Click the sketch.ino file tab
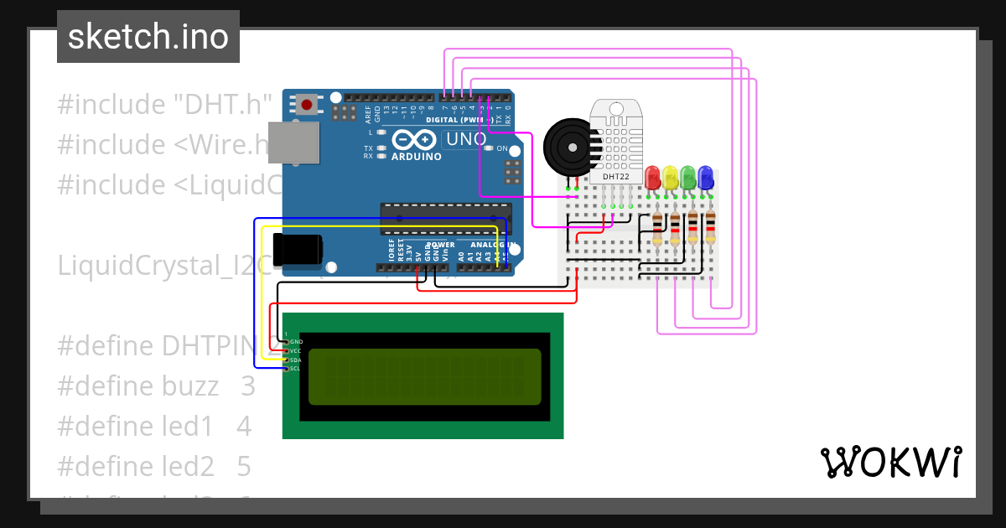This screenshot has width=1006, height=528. [148, 37]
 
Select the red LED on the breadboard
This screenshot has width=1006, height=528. [653, 177]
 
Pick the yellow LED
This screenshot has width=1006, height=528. [671, 177]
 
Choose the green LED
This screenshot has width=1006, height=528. [688, 177]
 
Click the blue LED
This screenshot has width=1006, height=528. [706, 177]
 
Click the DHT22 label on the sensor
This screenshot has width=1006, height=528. [616, 177]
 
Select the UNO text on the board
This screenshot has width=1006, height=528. [464, 139]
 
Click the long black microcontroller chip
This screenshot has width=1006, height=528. [445, 218]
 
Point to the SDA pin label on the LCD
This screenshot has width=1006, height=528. [296, 360]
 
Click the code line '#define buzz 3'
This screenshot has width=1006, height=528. [156, 386]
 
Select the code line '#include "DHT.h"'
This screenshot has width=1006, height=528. [165, 105]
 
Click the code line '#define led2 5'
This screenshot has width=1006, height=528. [154, 465]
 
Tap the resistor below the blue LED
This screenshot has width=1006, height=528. [710, 227]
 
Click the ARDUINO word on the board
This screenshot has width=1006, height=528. [416, 157]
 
